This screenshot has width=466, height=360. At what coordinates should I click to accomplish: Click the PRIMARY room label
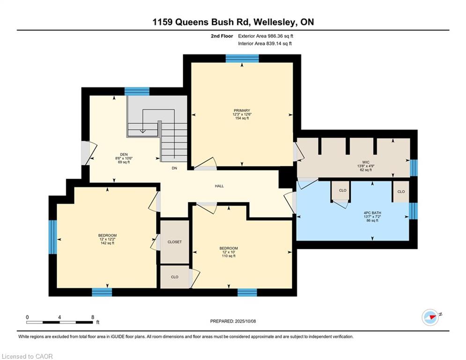pyautogui.click(x=242, y=111)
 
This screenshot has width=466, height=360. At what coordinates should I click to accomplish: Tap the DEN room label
pyautogui.click(x=124, y=154)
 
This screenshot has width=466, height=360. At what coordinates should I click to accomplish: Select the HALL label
pyautogui.click(x=219, y=186)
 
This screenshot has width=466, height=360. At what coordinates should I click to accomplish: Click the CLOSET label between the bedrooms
pyautogui.click(x=174, y=242)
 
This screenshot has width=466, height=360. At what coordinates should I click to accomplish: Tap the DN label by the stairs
pyautogui.click(x=174, y=168)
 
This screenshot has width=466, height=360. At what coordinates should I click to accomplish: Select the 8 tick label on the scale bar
pyautogui.click(x=93, y=317)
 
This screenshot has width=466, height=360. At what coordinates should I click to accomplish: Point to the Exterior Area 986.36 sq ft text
pyautogui.click(x=266, y=36)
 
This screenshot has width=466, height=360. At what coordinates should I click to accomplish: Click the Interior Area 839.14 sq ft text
pyautogui.click(x=265, y=44)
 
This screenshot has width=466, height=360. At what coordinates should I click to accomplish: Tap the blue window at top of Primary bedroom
pyautogui.click(x=242, y=59)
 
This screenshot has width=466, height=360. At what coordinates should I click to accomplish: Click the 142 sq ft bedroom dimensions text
pyautogui.click(x=107, y=243)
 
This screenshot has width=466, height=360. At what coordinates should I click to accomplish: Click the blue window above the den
pyautogui.click(x=137, y=91)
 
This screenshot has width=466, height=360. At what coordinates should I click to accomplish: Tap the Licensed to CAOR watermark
pyautogui.click(x=28, y=356)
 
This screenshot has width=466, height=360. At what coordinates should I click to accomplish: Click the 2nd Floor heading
pyautogui.click(x=221, y=36)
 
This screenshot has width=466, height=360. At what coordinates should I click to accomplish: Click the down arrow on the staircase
pyautogui.click(x=142, y=132)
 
